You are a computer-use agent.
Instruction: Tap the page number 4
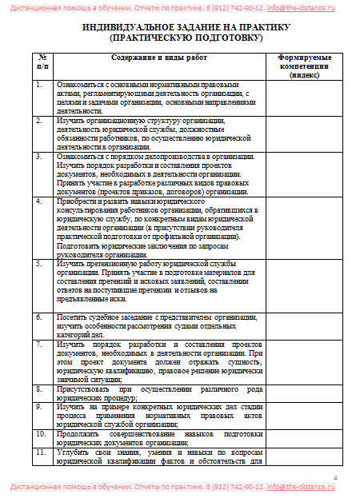click(x=335, y=477)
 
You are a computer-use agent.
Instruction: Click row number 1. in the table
click(x=39, y=84)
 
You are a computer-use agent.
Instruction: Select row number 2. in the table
click(x=39, y=121)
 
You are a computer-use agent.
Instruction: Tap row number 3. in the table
click(x=39, y=157)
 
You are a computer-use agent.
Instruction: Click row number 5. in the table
click(x=39, y=263)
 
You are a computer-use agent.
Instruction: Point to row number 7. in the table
click(x=39, y=345)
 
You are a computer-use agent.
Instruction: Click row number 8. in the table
click(x=39, y=388)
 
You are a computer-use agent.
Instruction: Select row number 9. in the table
click(x=39, y=406)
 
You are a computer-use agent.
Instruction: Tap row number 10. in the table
click(x=40, y=432)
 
